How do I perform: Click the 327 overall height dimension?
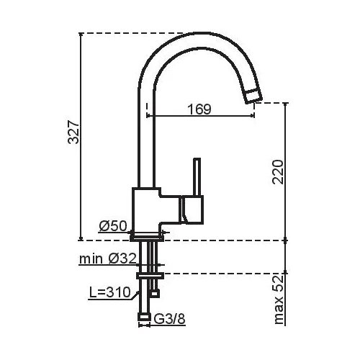point(73,132)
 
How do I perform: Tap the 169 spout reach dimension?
point(199,109)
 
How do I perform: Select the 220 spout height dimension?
point(278,172)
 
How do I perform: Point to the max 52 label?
point(279,300)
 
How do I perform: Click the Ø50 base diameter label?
point(112,226)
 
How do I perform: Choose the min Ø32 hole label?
point(108,259)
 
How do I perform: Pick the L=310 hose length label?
point(110,292)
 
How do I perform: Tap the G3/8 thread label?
point(169,319)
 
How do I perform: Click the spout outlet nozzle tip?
point(253,96)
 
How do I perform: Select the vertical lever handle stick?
point(197,176)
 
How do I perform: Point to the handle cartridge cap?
point(192,210)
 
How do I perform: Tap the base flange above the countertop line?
point(147,238)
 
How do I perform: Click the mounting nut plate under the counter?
point(150,276)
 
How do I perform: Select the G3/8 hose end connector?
point(144,317)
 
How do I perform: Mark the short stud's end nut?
point(154,293)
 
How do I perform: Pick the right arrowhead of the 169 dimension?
point(253,116)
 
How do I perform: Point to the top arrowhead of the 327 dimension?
point(81,35)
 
